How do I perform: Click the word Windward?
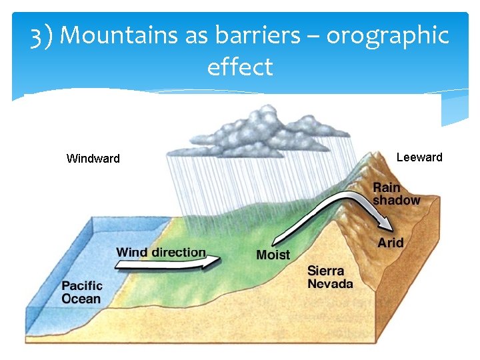[x=93, y=159]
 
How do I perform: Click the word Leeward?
[x=419, y=157]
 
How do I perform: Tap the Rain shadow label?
[x=396, y=194]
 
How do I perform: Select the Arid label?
[x=390, y=243]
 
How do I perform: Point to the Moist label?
[x=273, y=255]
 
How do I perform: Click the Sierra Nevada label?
[x=330, y=277]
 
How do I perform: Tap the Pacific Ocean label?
[x=81, y=293]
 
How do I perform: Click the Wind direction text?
[x=161, y=252]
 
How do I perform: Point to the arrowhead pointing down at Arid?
[x=383, y=222]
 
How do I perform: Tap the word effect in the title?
[x=240, y=67]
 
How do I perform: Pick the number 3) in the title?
[x=42, y=35]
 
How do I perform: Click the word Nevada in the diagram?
[x=330, y=284]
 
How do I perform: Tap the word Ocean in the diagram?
[x=81, y=299]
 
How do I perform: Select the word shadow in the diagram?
[x=396, y=200]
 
